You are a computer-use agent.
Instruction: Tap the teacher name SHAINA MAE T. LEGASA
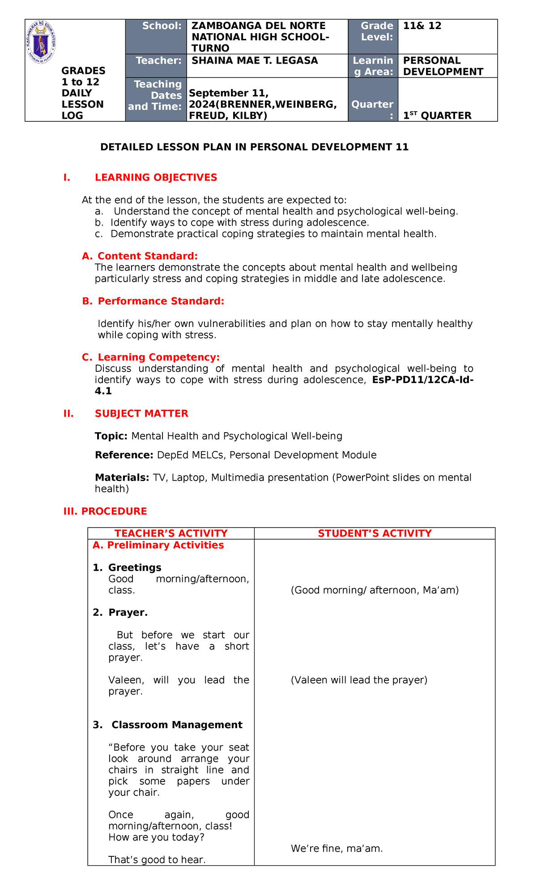coord(255,60)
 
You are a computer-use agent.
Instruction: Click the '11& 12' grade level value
coord(422,26)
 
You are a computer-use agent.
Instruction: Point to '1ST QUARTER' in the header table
coord(437,116)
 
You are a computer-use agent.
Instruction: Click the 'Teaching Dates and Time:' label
coord(155,95)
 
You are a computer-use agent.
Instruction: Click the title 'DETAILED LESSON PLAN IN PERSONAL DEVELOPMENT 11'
coord(254,147)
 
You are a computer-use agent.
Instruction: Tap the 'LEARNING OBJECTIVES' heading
coord(156,177)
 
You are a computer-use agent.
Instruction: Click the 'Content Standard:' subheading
coord(147,256)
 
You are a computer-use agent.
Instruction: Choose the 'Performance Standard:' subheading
coord(161,301)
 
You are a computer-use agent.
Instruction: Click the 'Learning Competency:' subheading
coord(158,357)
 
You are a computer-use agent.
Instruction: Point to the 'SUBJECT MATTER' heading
coord(141,413)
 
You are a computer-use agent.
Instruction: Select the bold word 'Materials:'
coord(122,477)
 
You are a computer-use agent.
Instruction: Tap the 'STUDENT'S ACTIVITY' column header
coord(375,533)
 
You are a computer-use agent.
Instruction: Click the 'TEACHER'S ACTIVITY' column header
coord(171,533)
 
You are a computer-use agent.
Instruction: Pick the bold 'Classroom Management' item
coord(177,725)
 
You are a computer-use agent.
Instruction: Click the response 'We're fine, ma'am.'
coord(337,848)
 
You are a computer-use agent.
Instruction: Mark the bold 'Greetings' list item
coord(135,567)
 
